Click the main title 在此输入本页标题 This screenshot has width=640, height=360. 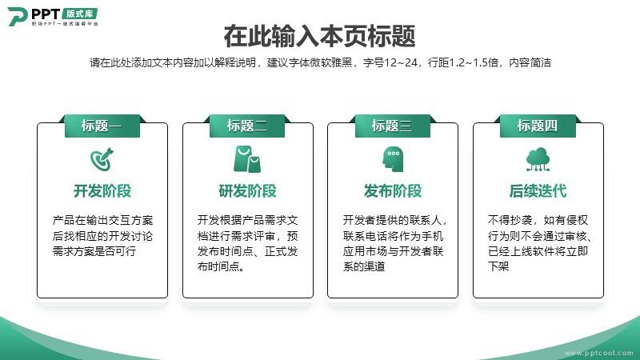click(x=319, y=36)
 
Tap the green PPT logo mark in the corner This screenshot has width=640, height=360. click(x=17, y=17)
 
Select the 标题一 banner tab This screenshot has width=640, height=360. click(x=102, y=126)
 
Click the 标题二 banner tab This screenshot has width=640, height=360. click(x=247, y=126)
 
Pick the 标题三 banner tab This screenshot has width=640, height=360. click(x=392, y=126)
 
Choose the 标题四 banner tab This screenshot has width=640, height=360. click(x=538, y=126)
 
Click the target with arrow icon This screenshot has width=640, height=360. click(x=102, y=159)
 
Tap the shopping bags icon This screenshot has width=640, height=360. click(x=247, y=159)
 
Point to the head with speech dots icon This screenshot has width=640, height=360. click(x=393, y=159)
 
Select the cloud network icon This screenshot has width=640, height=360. click(x=538, y=159)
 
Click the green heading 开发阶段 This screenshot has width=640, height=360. click(x=102, y=191)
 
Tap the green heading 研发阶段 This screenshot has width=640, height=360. click(x=248, y=191)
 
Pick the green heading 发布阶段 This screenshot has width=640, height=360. click(x=393, y=191)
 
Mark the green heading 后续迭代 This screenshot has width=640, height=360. click(x=538, y=191)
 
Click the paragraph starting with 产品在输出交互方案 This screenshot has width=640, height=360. click(x=102, y=236)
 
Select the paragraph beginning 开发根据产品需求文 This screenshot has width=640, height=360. click(x=248, y=243)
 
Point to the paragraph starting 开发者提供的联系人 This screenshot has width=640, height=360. click(x=394, y=243)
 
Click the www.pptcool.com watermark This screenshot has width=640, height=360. click(x=599, y=353)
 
